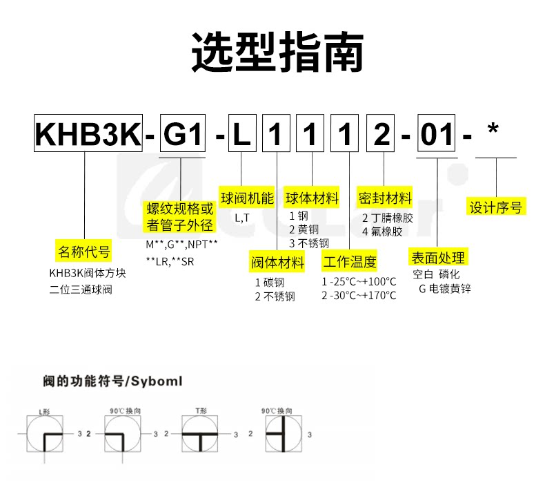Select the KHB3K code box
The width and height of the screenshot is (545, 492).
(88, 133)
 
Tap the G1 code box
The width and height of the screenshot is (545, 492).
(183, 133)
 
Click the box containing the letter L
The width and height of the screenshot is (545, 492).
(241, 133)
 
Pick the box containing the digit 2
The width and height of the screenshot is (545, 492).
(380, 133)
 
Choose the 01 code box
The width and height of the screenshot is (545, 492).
(437, 133)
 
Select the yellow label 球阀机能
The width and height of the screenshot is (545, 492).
(246, 198)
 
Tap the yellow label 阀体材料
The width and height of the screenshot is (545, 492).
(277, 262)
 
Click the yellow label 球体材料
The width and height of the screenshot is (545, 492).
(313, 198)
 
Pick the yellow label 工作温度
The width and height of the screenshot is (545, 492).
(350, 262)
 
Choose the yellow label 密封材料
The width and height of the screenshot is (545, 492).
(385, 198)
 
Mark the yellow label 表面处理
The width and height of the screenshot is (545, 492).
(437, 258)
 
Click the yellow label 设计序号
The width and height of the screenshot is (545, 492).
(495, 207)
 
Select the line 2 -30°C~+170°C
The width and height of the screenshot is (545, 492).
(359, 295)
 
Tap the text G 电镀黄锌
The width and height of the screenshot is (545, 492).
(444, 288)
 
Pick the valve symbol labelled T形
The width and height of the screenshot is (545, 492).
(201, 435)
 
